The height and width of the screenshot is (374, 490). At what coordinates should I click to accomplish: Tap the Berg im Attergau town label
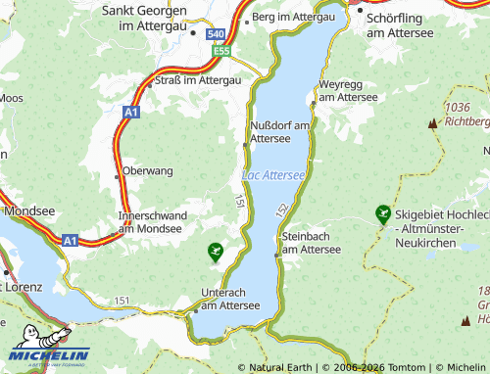tap(292, 18)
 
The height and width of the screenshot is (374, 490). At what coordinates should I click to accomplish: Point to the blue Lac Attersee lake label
tap(273, 175)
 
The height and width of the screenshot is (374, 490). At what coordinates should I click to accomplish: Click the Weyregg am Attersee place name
tap(348, 91)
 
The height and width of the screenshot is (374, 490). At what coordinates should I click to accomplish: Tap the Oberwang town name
tap(148, 170)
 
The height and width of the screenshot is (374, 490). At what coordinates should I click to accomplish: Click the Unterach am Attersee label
tap(229, 299)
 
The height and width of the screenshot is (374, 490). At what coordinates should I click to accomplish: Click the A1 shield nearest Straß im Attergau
tap(131, 114)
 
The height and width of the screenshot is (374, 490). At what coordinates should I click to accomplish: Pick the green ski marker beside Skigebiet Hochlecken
tap(382, 212)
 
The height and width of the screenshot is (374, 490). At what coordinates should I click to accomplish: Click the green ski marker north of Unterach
tap(216, 252)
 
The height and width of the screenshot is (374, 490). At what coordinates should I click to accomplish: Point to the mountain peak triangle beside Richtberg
tap(431, 123)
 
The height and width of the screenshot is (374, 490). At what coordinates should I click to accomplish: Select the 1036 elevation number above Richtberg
tap(458, 107)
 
